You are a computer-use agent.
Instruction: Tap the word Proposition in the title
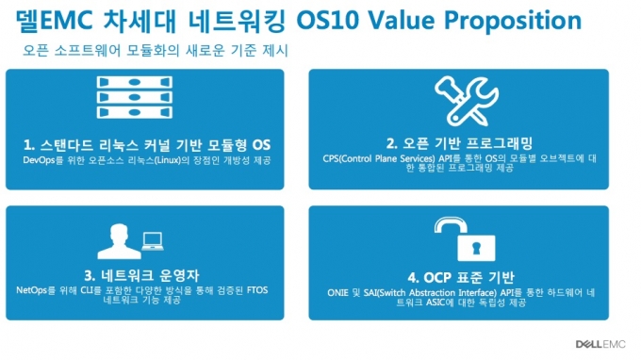click(513, 22)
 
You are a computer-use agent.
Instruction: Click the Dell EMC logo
click(600, 344)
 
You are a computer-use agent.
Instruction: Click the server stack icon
click(135, 97)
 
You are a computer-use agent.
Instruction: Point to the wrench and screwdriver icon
click(467, 101)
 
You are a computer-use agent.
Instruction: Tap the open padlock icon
click(465, 239)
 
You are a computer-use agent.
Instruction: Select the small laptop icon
click(153, 241)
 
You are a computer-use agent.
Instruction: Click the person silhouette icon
click(119, 241)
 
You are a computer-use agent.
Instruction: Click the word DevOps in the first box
click(39, 160)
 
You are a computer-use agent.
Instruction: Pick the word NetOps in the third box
click(31, 290)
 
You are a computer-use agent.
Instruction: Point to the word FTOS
click(257, 290)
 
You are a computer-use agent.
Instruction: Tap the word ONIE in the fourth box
click(337, 293)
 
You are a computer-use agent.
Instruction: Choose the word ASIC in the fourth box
click(435, 303)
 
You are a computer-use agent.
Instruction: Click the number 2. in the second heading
click(391, 143)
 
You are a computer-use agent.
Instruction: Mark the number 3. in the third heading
click(90, 276)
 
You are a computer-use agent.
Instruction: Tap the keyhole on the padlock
click(476, 248)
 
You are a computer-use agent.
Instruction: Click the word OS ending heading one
click(261, 145)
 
